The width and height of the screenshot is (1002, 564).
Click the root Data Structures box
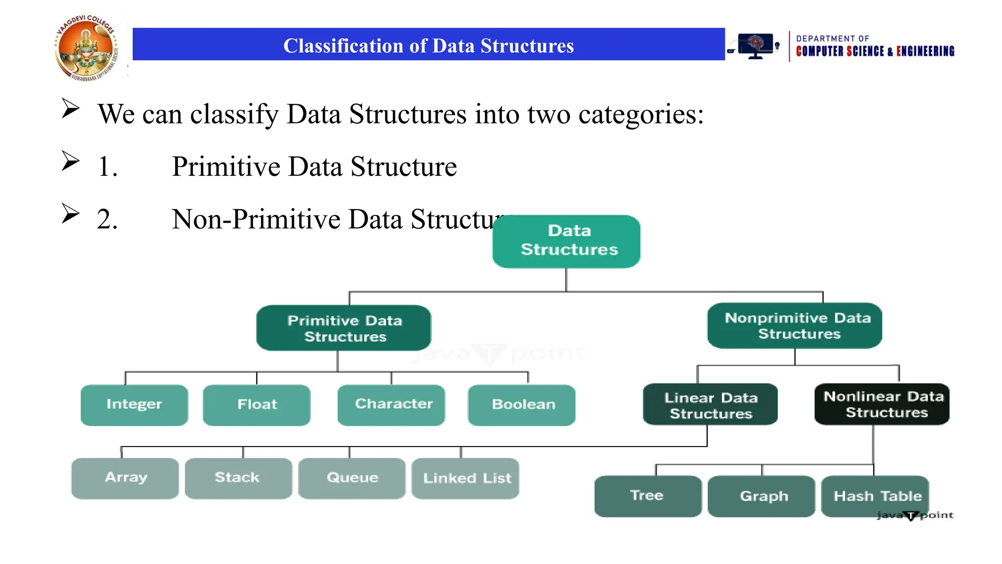coord(566,241)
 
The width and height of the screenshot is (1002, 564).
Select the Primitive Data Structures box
coord(343,328)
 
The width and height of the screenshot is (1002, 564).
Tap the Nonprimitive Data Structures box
coord(795,326)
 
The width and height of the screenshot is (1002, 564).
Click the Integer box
coord(134,405)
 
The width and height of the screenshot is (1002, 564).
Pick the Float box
coord(256,405)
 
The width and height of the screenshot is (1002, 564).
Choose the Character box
coord(391,405)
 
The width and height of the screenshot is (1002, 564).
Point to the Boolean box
coord(522,405)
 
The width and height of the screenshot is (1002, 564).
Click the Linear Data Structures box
coord(710,404)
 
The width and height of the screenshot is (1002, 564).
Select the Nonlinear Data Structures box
coord(882,404)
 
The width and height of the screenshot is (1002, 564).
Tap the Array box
coord(125,478)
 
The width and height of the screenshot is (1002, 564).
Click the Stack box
coord(238,478)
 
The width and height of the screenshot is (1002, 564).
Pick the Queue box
coord(352,478)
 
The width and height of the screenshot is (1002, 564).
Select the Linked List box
coord(465,478)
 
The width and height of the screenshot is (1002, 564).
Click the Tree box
coord(648,496)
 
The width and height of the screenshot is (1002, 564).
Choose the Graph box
coord(761,496)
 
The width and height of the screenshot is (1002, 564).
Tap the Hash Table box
coord(875,496)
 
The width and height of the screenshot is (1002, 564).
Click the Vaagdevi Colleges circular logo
coord(87,48)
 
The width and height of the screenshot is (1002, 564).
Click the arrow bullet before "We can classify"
coord(70,108)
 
